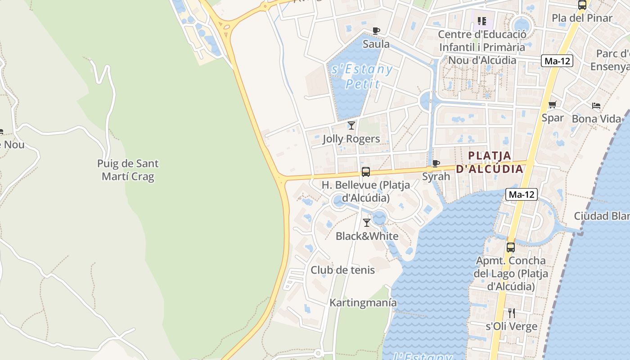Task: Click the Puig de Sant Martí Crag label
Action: coord(128,170)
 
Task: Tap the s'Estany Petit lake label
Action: coord(362,76)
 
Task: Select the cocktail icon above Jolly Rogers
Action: coord(351,126)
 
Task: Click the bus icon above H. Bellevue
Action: coord(366,171)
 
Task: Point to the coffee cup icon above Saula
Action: coord(376,31)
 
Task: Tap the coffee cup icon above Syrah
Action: coord(436,163)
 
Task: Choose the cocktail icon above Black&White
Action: coord(367,222)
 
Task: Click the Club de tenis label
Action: coord(342,270)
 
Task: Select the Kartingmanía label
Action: coord(363,302)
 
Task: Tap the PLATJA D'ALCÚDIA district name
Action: coord(490,162)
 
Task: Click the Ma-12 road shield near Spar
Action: coord(557,61)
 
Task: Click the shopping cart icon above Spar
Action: coord(552,105)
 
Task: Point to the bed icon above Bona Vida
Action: coord(596,106)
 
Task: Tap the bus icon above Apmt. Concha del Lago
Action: coord(510,247)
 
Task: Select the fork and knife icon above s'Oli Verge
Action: coord(511,313)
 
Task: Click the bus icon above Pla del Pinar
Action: coord(582,5)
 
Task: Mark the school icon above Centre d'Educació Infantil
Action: coord(482,21)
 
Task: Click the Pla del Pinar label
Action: coord(582,18)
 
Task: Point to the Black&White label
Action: coord(367,236)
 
